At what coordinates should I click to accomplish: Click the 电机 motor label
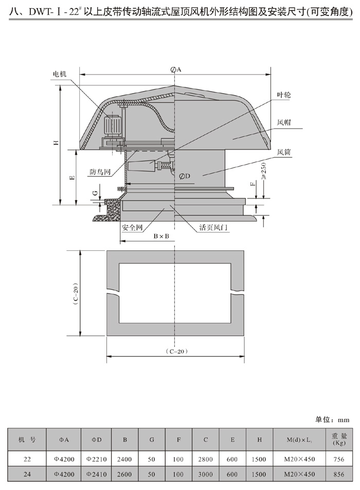(x=59, y=74)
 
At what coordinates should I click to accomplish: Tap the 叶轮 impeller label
(x=284, y=95)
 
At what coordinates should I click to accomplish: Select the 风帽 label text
(x=284, y=122)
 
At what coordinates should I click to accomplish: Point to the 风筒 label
(x=284, y=152)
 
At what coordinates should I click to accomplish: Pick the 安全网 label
(x=132, y=227)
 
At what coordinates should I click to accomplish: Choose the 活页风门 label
(x=213, y=227)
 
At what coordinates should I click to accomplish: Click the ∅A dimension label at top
(x=176, y=70)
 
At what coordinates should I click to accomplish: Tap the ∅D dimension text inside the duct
(x=185, y=176)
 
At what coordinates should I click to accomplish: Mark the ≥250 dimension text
(x=263, y=171)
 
